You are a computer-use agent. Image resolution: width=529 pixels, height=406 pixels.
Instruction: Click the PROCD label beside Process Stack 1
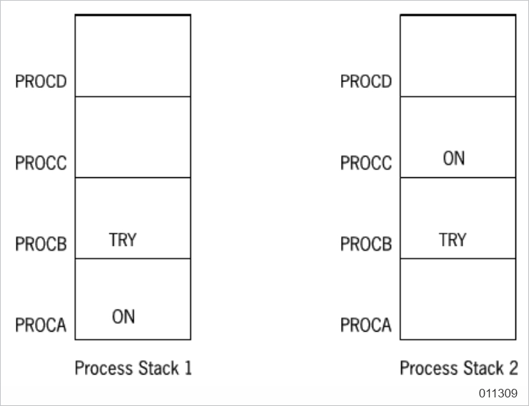pyautogui.click(x=41, y=81)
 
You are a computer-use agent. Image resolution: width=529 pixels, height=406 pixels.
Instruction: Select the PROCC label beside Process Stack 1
pyautogui.click(x=41, y=163)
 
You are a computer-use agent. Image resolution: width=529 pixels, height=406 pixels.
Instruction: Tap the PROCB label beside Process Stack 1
pyautogui.click(x=41, y=244)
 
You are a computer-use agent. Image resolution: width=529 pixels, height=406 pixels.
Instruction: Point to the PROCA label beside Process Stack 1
pyautogui.click(x=41, y=326)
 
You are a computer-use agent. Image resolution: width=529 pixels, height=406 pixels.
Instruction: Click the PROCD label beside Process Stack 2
pyautogui.click(x=366, y=81)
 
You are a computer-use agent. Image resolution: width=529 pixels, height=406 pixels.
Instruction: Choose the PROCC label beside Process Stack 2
pyautogui.click(x=366, y=163)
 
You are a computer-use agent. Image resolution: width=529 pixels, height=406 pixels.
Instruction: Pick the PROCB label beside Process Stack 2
pyautogui.click(x=366, y=244)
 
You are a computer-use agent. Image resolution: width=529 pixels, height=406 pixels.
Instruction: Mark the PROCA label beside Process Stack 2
pyautogui.click(x=366, y=326)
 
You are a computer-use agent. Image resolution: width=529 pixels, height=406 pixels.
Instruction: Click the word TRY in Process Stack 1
pyautogui.click(x=122, y=240)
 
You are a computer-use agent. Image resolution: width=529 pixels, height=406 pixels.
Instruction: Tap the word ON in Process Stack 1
pyautogui.click(x=123, y=317)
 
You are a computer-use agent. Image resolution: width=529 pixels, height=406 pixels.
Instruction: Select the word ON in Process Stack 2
pyautogui.click(x=453, y=159)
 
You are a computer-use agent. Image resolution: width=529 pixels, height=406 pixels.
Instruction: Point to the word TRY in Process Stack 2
pyautogui.click(x=453, y=240)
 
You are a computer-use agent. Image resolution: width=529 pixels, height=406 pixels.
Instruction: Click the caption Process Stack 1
pyautogui.click(x=133, y=369)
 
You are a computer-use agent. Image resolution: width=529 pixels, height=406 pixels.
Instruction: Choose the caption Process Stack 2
pyautogui.click(x=458, y=369)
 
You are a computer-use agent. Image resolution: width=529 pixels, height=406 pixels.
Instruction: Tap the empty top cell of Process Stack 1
pyautogui.click(x=133, y=56)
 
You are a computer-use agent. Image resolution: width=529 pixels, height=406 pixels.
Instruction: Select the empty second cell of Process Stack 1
pyautogui.click(x=133, y=137)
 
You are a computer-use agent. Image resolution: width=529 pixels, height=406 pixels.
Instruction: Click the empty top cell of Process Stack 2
pyautogui.click(x=457, y=56)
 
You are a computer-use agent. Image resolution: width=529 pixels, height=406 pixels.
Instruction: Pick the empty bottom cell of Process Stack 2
pyautogui.click(x=457, y=299)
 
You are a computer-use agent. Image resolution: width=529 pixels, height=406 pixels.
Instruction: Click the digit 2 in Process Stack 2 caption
pyautogui.click(x=513, y=369)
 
